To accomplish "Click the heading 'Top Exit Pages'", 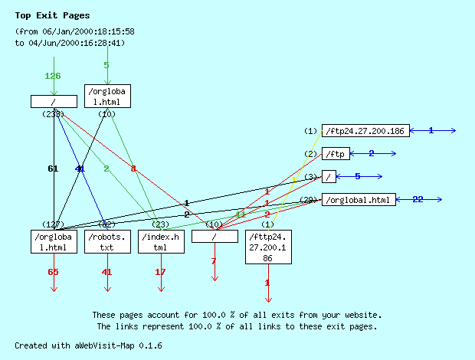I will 52,15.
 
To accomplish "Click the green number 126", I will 53,76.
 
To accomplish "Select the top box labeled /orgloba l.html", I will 107,97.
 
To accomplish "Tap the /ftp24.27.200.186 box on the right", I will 364,131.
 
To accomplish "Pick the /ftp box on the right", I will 335,154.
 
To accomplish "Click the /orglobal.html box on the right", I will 359,200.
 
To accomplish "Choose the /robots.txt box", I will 107,242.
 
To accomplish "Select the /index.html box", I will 161,242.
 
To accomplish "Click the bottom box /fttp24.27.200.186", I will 267,247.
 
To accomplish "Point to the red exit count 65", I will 53,272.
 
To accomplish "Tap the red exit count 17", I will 161,272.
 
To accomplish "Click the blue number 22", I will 418,199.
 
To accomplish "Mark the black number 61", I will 53,169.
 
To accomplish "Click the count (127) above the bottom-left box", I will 53,224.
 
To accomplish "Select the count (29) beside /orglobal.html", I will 310,200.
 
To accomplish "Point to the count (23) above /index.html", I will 161,224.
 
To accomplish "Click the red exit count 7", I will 214,261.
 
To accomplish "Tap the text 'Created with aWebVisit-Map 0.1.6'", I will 88,345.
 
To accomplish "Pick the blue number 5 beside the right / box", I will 357,176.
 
